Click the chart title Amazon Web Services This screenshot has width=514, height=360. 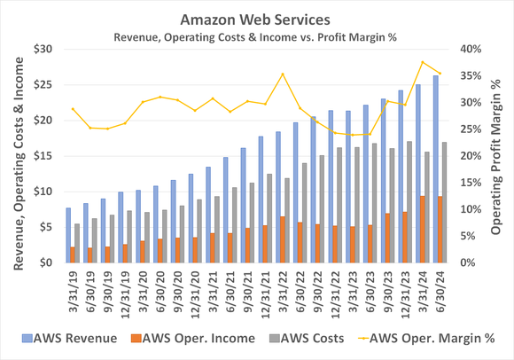(257, 17)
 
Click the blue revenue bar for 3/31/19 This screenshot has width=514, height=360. (68, 235)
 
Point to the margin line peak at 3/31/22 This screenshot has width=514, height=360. (283, 74)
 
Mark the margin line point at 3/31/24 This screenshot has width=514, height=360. (423, 62)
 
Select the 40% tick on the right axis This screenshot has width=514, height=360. (467, 49)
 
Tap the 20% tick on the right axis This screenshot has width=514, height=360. (467, 156)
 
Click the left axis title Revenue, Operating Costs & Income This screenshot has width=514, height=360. (14, 155)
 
